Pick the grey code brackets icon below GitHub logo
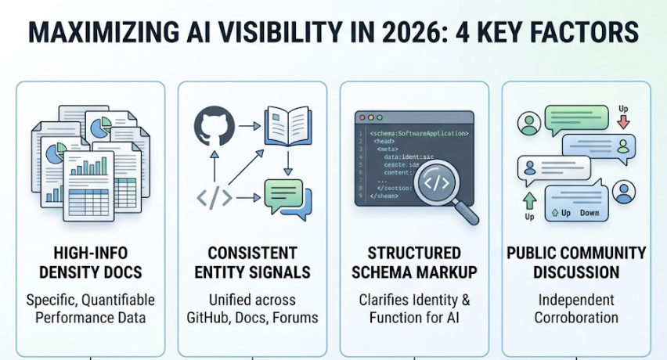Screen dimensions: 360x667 click(213, 198)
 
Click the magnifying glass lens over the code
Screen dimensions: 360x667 click(434, 184)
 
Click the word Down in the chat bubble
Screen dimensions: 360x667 click(589, 213)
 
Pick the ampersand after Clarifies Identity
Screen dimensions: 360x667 click(467, 300)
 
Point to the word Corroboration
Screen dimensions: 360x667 click(576, 317)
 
